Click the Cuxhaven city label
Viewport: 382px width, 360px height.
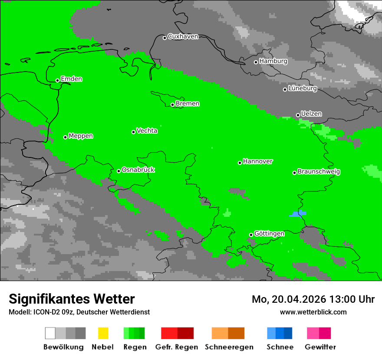tap(183, 36)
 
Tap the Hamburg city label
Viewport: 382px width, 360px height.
tap(273, 61)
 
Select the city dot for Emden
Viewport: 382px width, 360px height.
tap(57, 80)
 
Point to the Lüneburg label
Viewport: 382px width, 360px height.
tap(302, 88)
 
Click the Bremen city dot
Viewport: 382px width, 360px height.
tap(172, 105)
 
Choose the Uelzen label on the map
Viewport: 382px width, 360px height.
tap(311, 114)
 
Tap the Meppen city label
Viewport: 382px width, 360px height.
tap(81, 136)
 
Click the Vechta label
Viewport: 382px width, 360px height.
tap(147, 131)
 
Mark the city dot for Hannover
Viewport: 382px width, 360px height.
tap(240, 163)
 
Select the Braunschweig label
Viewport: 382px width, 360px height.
tap(319, 172)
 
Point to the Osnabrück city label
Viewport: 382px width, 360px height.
tap(138, 170)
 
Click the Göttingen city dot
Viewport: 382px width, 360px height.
tap(251, 235)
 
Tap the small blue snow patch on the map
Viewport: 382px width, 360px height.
tap(298, 213)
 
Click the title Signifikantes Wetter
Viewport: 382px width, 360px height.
tap(72, 299)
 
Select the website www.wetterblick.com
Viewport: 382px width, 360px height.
tap(313, 312)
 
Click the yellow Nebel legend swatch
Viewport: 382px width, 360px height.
tap(103, 333)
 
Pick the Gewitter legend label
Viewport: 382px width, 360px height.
tap(320, 347)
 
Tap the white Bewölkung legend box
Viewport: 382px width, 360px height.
tap(50, 333)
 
